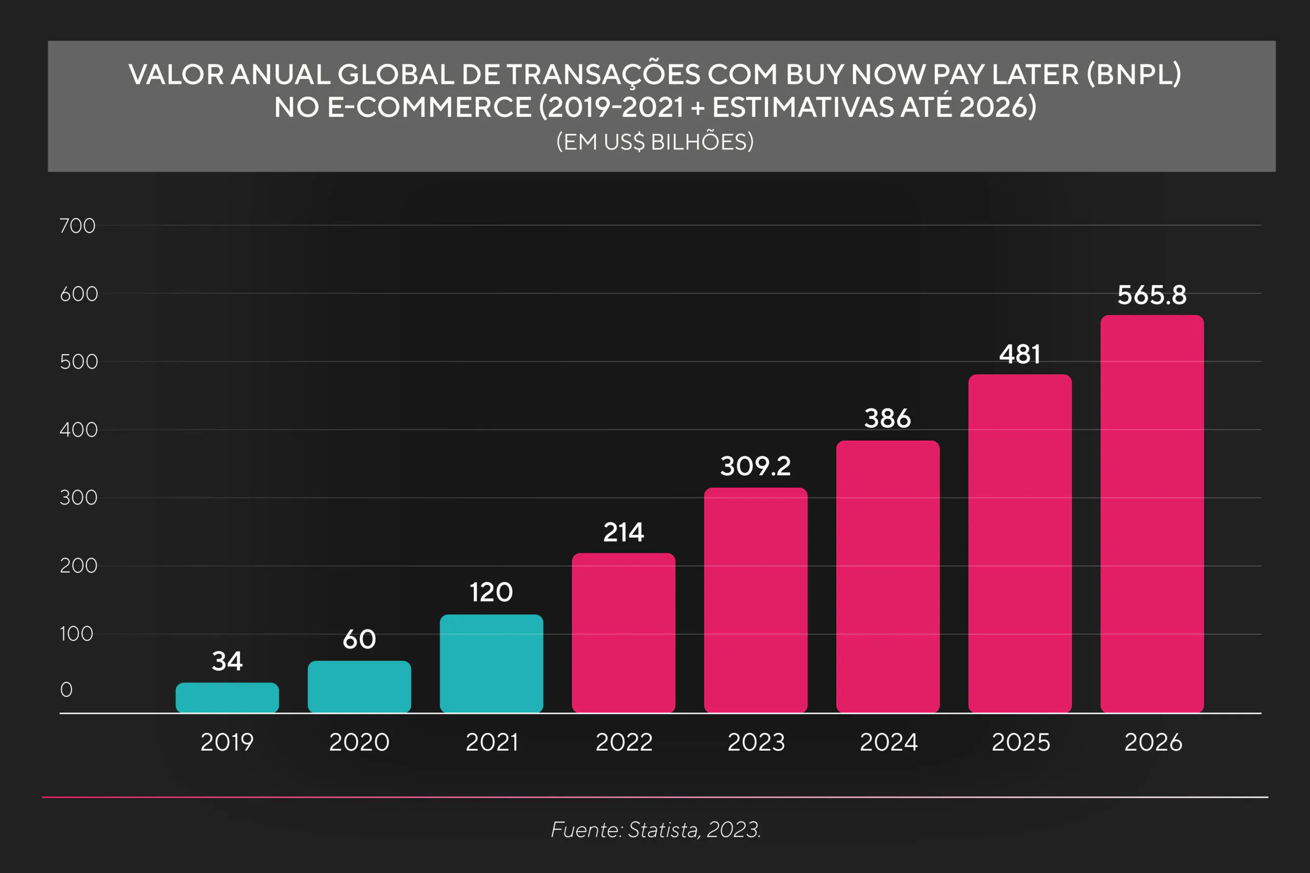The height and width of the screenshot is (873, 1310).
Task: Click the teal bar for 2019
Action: pos(227,697)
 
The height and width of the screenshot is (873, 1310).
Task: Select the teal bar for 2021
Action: pos(491,663)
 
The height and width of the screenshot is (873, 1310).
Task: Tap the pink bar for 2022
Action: pos(624,632)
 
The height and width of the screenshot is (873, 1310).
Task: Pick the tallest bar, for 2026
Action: pos(1152,513)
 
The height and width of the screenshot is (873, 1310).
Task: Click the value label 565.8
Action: pos(1152,295)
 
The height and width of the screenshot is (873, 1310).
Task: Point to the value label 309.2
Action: pos(755,466)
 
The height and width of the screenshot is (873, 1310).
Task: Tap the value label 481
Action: pos(1019,354)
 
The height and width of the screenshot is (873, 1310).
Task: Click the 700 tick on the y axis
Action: pos(77,226)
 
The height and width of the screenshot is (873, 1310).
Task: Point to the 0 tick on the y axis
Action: pos(66,689)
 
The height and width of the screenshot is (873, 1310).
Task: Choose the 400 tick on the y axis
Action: pos(78,430)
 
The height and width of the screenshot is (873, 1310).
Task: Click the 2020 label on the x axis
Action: pos(359,742)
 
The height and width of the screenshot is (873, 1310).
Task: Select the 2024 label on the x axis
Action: pos(888,742)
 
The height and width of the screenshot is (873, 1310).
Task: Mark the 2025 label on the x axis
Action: pos(1020,742)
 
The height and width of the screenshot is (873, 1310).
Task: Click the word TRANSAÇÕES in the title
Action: pos(603,75)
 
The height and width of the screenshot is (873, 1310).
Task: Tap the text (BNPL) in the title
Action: pos(1133,74)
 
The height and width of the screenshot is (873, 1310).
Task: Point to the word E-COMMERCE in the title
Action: pos(429,107)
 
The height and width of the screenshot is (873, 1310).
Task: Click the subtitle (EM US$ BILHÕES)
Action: pos(654,142)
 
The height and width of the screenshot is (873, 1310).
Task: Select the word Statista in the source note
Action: pos(664,830)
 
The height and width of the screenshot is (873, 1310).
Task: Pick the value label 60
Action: pos(359,639)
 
